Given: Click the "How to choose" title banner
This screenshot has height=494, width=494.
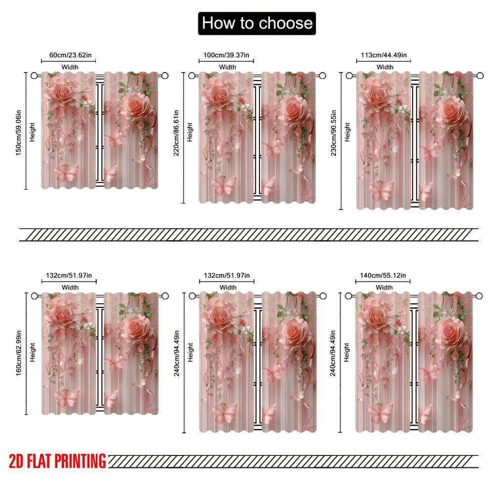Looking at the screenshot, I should [257, 23].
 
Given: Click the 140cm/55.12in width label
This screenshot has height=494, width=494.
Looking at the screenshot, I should [384, 275].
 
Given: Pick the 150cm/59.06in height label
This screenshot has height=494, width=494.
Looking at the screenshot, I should [18, 131].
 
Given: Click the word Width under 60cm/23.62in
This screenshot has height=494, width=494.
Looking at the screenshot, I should [70, 67].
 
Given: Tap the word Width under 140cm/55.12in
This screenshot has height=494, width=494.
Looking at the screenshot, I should [384, 287].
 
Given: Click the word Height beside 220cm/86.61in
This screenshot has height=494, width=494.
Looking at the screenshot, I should [190, 132].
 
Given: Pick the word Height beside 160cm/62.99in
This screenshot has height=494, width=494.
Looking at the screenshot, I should [33, 352].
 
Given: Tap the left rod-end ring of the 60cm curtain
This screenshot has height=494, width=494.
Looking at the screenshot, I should [34, 76].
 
